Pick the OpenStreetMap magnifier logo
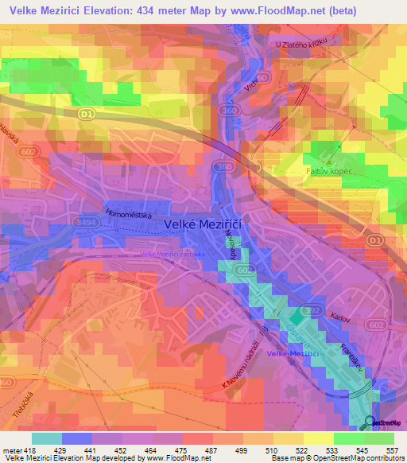[370, 422]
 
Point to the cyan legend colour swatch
[47, 438]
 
